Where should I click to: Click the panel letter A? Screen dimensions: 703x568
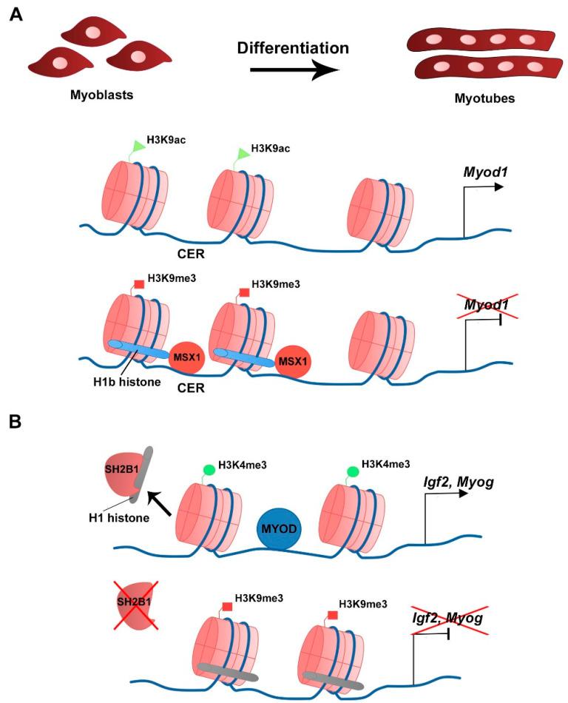coord(16,13)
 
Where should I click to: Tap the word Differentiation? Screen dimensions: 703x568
coord(293,48)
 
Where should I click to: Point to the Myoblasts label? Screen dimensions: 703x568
coord(94,95)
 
